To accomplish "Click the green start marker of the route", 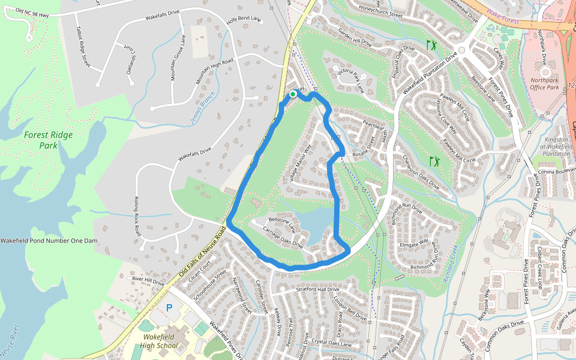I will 293,94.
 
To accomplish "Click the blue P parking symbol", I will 169,307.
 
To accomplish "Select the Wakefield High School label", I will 159,341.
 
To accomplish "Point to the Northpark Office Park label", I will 545,83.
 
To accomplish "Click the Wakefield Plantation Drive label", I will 430,73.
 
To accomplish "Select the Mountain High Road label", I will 214,72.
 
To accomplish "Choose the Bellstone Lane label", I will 283,224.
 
